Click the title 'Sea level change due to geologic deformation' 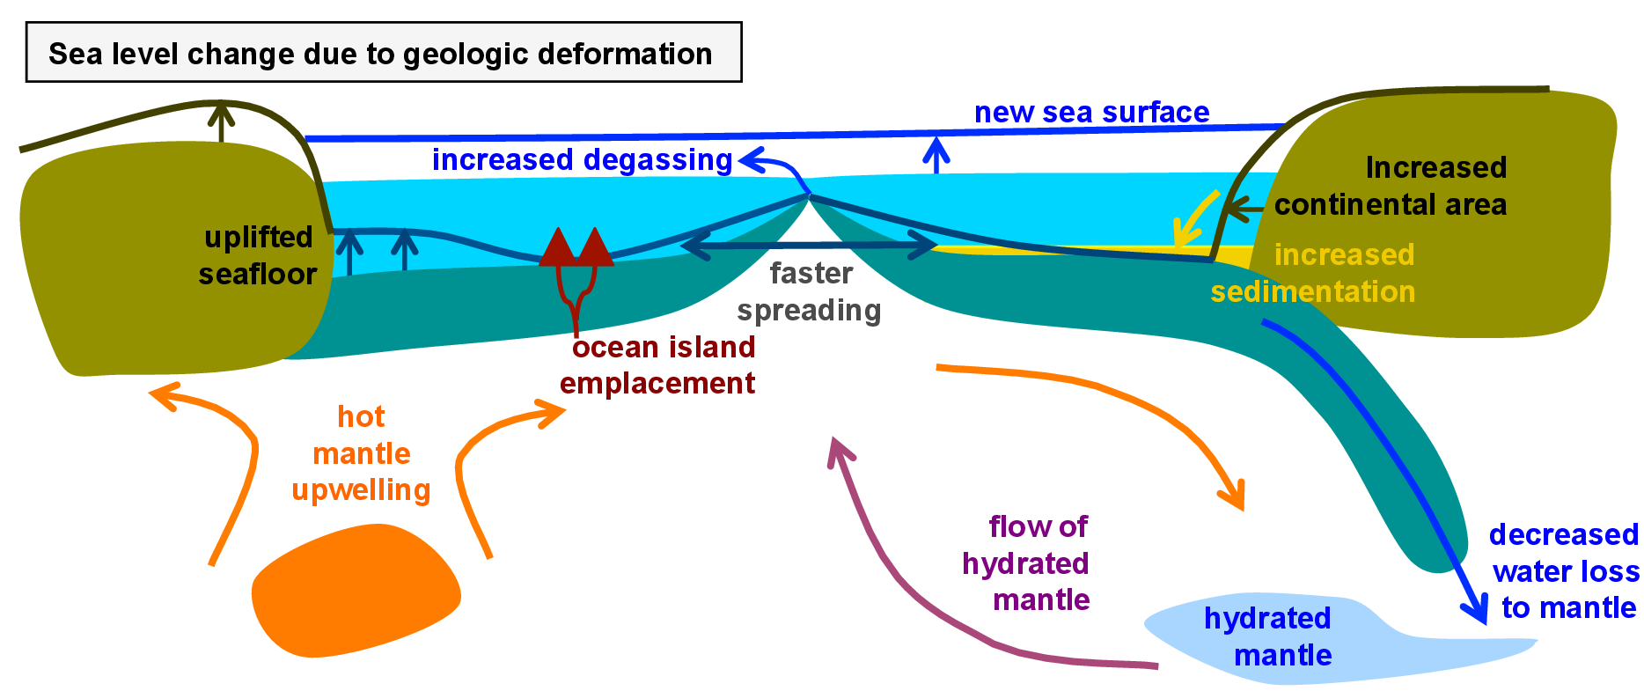coord(380,54)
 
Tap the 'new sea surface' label coord(1091,113)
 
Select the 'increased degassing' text coord(582,160)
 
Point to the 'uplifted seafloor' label coord(257,255)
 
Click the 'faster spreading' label coord(810,291)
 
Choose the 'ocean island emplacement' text coord(659,365)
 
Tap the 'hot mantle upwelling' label coord(362,453)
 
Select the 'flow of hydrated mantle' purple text coord(1027,563)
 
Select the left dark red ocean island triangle coord(556,247)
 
